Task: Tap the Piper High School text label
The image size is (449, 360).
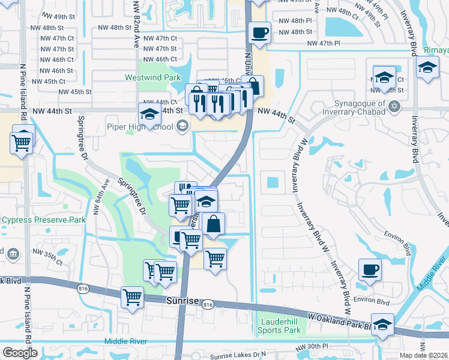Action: coord(140,127)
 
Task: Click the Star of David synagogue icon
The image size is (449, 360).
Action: coord(394,107)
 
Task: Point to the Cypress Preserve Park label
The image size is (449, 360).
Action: coord(43,220)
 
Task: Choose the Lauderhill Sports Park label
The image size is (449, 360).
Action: coord(279,326)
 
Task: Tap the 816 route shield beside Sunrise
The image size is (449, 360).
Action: coord(208,305)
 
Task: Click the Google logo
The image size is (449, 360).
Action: coord(19,353)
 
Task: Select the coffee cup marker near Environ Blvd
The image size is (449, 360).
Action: coord(370,269)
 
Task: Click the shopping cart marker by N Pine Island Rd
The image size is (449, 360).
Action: coord(21,143)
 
